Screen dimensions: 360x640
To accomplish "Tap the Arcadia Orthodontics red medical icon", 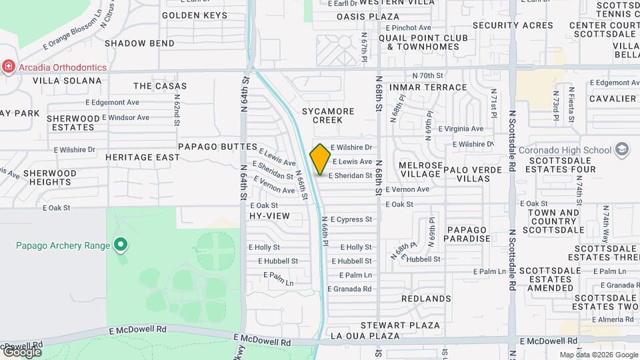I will (8, 67).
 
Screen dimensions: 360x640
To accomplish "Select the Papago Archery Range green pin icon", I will (120, 245).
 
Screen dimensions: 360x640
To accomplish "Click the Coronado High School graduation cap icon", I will (622, 149).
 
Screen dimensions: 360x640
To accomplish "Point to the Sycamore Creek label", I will (322, 115).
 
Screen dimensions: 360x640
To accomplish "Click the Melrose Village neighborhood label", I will (420, 169).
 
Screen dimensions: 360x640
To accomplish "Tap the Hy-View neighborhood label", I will (269, 216).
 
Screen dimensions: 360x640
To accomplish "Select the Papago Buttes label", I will (217, 146).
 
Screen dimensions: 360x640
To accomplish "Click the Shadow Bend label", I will (139, 43).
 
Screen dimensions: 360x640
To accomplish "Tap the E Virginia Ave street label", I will (461, 129).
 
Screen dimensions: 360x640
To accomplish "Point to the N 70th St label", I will (428, 76).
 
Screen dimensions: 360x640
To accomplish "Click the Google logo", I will (21, 351).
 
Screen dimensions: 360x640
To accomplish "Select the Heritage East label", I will (142, 157).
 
